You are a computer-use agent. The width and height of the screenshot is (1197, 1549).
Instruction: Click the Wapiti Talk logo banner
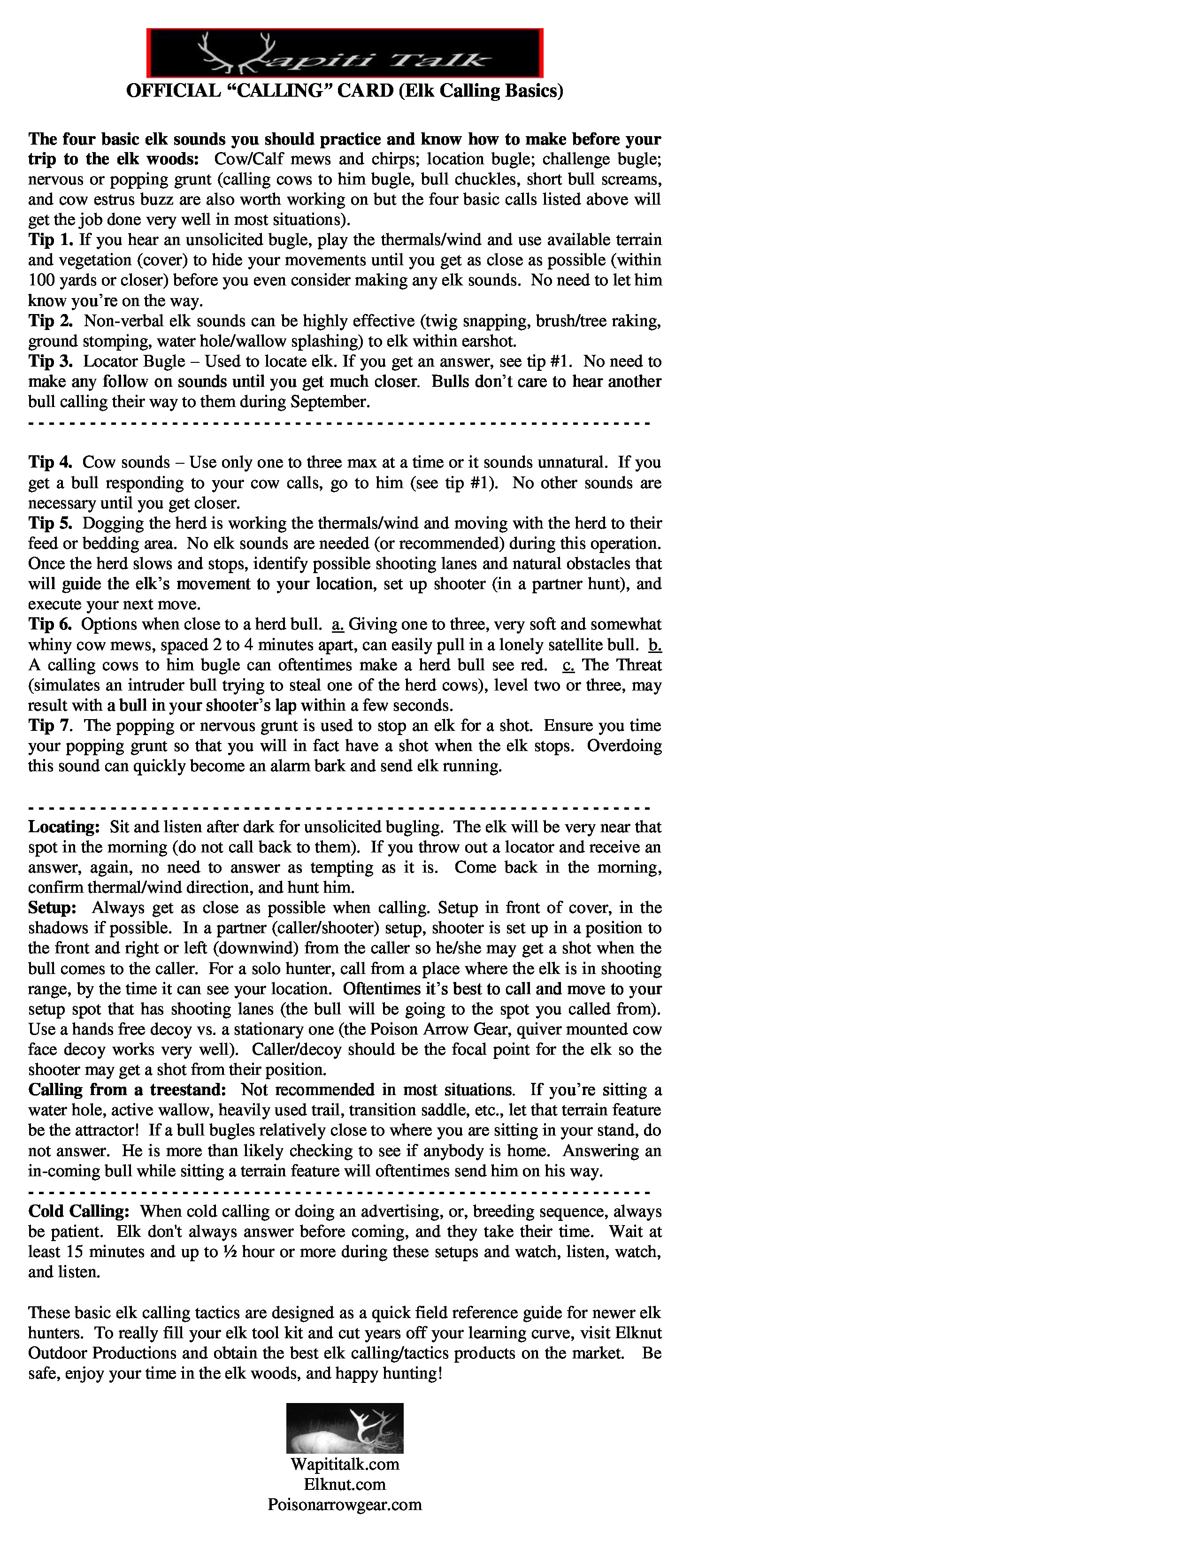coord(345,53)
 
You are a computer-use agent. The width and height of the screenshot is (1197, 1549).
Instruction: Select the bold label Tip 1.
coord(50,240)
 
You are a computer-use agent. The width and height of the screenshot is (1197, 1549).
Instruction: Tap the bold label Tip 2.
coord(50,321)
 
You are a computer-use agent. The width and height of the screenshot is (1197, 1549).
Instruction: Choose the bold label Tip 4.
coord(50,462)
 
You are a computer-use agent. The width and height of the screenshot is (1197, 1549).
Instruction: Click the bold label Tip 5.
coord(50,523)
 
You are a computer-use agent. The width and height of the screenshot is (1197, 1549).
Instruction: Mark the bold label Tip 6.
coord(50,625)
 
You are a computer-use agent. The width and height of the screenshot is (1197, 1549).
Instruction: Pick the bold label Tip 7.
coord(50,726)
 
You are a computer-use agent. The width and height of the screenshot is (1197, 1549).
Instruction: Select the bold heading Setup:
coord(53,908)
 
